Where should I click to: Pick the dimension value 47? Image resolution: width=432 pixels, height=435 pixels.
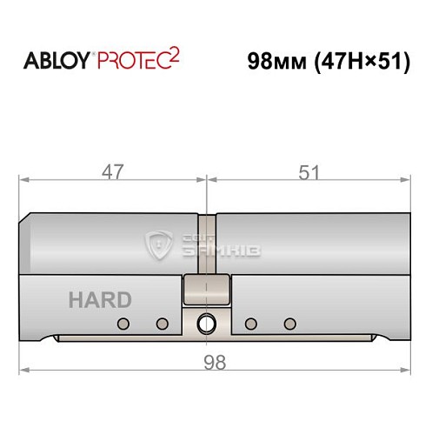pos(111,171)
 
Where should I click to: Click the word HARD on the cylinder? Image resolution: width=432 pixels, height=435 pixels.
pos(100,301)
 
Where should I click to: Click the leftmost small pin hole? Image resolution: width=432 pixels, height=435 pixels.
pos(123,325)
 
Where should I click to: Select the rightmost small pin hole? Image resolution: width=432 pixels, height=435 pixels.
pos(289,325)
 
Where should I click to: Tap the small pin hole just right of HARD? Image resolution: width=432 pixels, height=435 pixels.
pos(161,325)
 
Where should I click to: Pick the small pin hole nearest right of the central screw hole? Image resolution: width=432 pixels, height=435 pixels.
pos(251,325)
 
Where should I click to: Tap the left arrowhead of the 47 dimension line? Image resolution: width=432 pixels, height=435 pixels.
pos(23,180)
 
